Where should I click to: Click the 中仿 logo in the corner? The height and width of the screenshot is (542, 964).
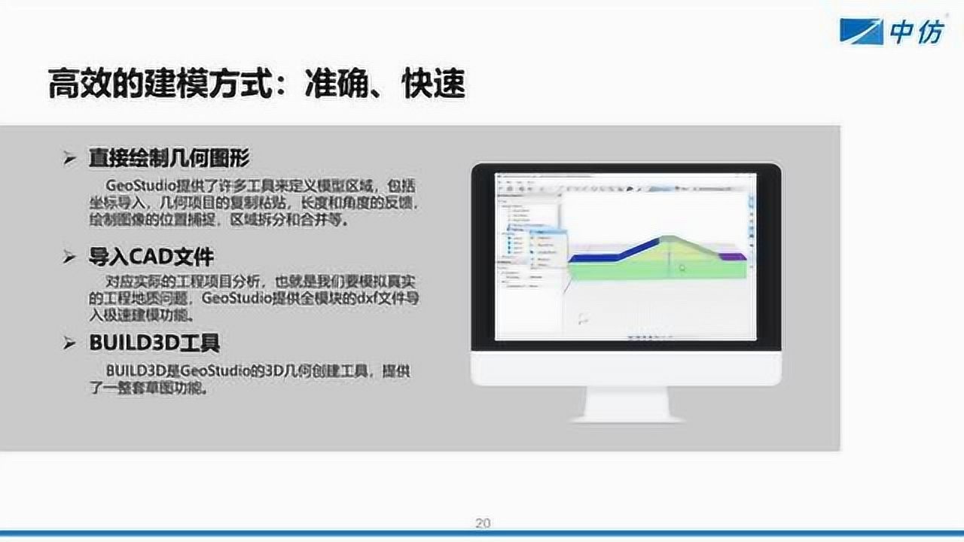click(892, 32)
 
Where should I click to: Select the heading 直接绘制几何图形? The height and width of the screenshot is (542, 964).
click(169, 159)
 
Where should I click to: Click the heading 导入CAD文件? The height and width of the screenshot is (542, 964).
click(151, 257)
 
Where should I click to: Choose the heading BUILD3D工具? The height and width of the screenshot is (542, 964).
click(154, 344)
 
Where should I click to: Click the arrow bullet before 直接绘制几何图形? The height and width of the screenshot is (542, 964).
click(70, 160)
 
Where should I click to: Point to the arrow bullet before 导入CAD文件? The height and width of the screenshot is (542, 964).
click(70, 258)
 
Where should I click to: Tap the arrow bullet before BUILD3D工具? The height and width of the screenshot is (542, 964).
click(70, 345)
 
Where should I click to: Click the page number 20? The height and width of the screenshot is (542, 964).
click(483, 523)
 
